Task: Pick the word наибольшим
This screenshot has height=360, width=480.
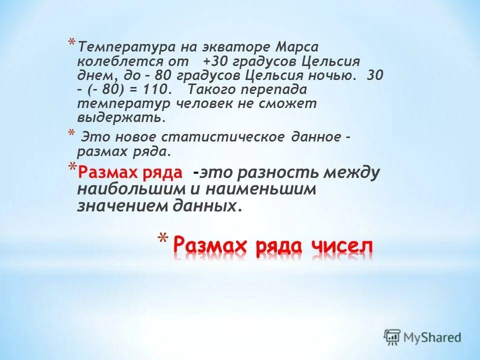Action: pyautogui.click(x=125, y=190)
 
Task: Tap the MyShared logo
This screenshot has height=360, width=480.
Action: pyautogui.click(x=422, y=336)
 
